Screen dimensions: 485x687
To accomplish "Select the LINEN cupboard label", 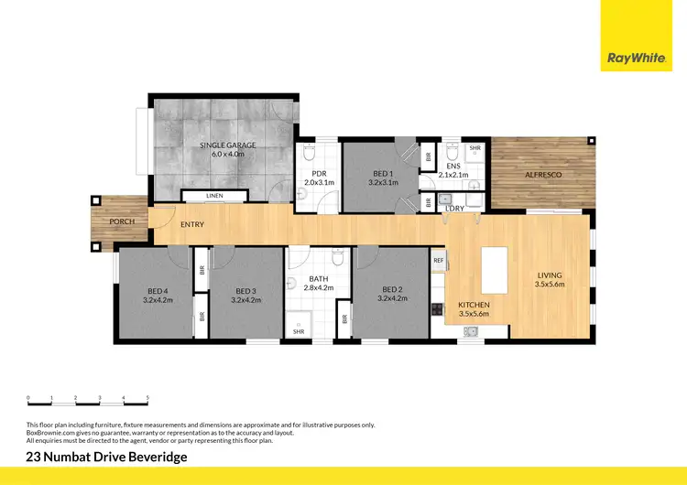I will (x=214, y=196).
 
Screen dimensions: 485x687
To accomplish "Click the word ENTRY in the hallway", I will (x=192, y=224).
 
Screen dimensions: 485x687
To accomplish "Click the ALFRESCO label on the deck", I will (x=543, y=174).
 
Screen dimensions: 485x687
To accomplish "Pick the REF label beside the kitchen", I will (x=438, y=260).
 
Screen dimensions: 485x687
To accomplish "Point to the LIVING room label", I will (x=550, y=275).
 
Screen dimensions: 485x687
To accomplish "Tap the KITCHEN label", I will (x=474, y=305).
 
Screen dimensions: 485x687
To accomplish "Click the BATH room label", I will (x=319, y=279).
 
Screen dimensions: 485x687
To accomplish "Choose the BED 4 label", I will (x=158, y=290).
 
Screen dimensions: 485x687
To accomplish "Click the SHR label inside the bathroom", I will (x=299, y=331).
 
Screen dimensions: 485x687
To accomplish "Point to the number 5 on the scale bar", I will (x=147, y=398).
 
